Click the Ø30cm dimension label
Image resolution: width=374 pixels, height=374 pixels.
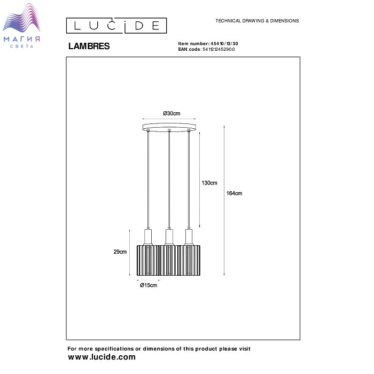pyautogui.click(x=172, y=113)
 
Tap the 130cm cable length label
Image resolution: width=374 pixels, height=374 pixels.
pyautogui.click(x=209, y=183)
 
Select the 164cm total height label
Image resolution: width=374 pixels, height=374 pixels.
pyautogui.click(x=234, y=193)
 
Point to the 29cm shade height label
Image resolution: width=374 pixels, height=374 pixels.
pyautogui.click(x=120, y=252)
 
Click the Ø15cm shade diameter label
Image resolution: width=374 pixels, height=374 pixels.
pyautogui.click(x=149, y=285)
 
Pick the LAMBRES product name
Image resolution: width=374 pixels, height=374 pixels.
pyautogui.click(x=89, y=46)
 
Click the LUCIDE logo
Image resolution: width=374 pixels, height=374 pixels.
pyautogui.click(x=116, y=26)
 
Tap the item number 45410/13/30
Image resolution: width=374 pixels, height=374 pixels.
pyautogui.click(x=224, y=44)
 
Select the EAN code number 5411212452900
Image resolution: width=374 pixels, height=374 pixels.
pyautogui.click(x=219, y=49)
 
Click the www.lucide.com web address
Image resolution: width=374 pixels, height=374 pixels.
pyautogui.click(x=102, y=357)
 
